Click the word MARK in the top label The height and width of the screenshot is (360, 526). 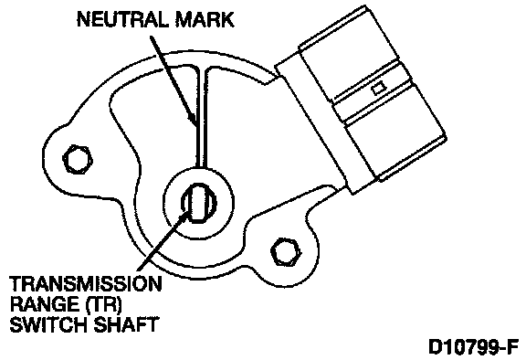point(205,19)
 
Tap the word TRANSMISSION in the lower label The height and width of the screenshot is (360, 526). point(86,284)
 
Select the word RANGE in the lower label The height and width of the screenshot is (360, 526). point(43,304)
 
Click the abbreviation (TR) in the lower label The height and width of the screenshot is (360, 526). point(101,304)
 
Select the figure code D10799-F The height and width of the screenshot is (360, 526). point(474,346)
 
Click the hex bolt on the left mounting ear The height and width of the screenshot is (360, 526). point(78,159)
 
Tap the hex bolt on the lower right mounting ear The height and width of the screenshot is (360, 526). point(286,251)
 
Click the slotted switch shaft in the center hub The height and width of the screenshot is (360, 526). point(199,203)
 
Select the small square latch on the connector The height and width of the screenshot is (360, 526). point(379,89)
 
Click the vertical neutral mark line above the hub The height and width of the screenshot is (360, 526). point(202,118)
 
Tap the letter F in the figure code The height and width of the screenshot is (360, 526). point(513,346)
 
